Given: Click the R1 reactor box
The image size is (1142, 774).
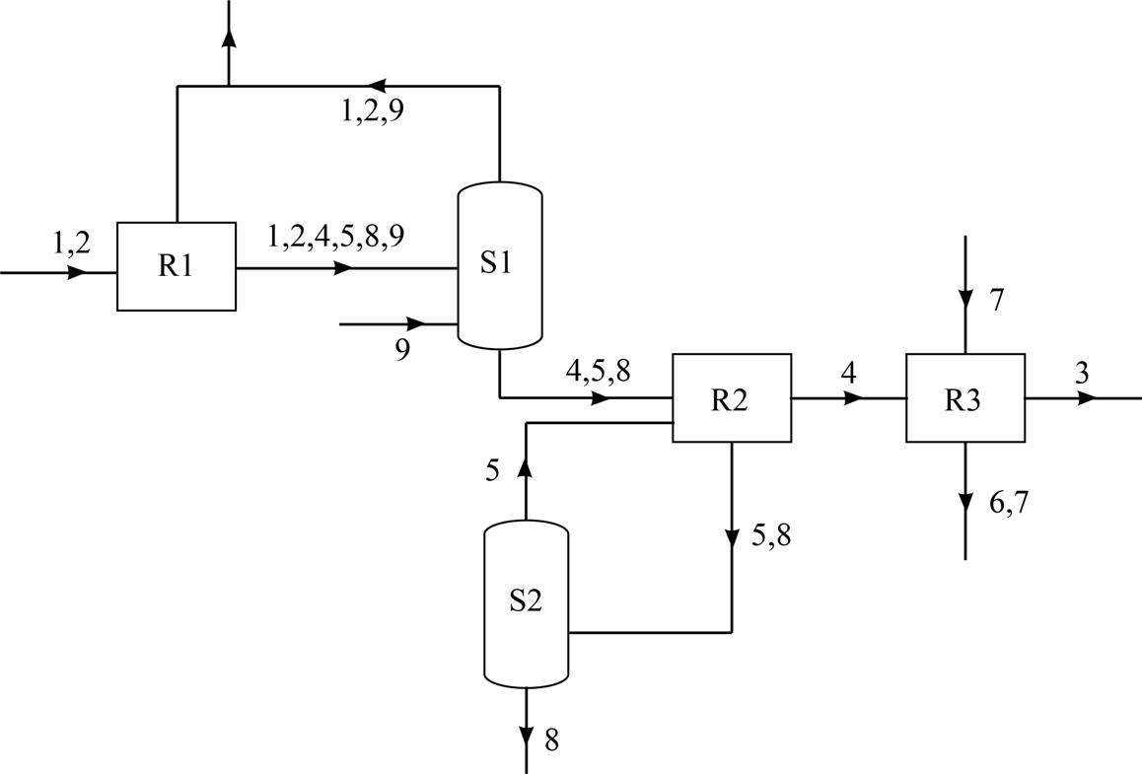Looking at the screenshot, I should point(177,266).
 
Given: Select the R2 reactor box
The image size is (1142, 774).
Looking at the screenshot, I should point(732,398).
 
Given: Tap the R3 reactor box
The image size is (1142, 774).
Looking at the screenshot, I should point(965,398).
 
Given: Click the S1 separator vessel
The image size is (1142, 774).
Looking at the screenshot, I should point(500,265).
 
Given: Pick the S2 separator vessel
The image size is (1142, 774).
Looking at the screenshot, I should point(526,603).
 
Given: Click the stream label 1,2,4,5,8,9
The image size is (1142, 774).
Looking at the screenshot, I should point(335,236).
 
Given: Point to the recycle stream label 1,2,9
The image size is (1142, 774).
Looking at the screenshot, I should point(373,111).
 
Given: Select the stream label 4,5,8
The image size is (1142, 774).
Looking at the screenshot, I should point(598,372).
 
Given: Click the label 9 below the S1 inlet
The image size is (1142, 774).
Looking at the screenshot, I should point(402,350).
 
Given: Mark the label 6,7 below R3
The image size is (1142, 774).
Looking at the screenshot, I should point(1008,503).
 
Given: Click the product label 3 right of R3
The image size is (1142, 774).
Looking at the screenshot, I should point(1082,373).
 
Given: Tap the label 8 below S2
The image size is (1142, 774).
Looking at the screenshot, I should point(551,739).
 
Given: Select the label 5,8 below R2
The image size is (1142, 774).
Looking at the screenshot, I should point(770,536).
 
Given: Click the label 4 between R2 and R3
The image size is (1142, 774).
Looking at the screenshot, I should point(848,373).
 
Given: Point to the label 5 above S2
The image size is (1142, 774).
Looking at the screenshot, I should point(492,471).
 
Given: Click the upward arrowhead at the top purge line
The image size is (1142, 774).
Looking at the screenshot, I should point(229,37).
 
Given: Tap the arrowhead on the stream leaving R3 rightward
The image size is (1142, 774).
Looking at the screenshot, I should point(1087,398).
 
